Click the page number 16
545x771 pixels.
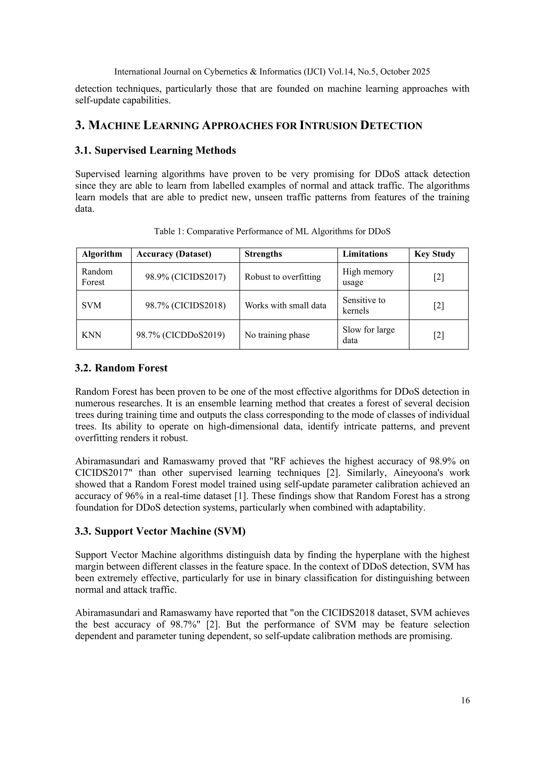pos(465,700)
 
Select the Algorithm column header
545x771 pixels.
pos(102,254)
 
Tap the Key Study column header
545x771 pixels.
pos(434,254)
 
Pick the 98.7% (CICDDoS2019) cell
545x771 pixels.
pos(180,335)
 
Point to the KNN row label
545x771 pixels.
pos(91,335)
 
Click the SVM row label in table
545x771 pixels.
pos(91,306)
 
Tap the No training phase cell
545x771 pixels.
pos(277,335)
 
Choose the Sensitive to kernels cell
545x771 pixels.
pos(364,305)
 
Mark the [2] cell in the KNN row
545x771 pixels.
pos(438,335)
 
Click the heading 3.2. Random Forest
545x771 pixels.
pos(121,368)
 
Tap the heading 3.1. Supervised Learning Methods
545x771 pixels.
pos(155,150)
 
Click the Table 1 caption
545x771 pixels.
pos(272,231)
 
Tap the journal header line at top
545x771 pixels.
pos(272,72)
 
